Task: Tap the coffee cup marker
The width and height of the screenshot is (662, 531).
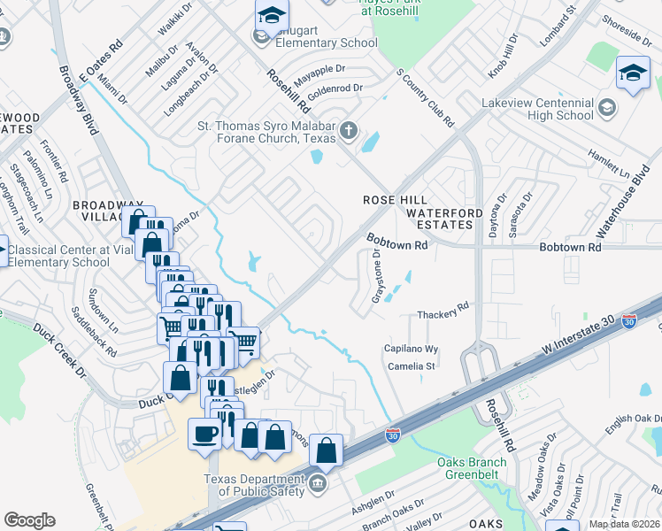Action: click(205, 434)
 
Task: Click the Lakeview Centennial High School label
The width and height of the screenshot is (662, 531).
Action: click(537, 109)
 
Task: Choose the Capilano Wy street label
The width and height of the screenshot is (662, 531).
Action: click(411, 350)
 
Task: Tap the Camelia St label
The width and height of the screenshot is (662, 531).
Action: click(410, 366)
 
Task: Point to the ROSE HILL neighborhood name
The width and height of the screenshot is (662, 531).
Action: click(395, 200)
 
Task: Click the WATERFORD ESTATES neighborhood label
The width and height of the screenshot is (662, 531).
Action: click(444, 219)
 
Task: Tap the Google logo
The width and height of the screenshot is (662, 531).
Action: click(29, 520)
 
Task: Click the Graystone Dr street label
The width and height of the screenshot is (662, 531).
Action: click(377, 276)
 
